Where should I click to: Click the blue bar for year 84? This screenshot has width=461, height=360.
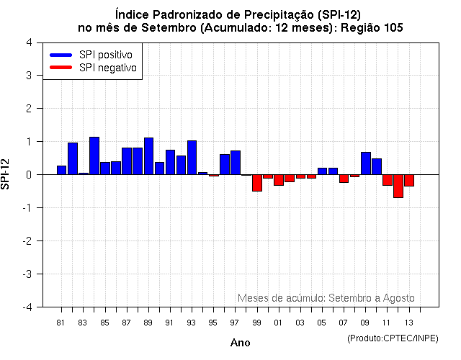tap(94, 156)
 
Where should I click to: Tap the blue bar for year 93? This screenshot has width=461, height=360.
tap(192, 158)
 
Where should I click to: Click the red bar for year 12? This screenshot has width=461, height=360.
tap(398, 186)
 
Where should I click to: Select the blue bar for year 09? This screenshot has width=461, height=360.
tap(365, 163)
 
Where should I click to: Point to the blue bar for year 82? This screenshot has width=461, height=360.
tap(73, 158)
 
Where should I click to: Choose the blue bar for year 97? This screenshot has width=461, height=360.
tap(236, 163)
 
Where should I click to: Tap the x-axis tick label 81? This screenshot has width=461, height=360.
tap(61, 322)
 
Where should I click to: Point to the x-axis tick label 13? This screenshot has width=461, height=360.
tap(408, 322)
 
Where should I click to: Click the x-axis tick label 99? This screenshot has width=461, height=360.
tap(256, 322)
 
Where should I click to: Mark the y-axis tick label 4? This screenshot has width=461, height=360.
tap(28, 42)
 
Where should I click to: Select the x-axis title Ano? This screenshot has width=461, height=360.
tap(240, 343)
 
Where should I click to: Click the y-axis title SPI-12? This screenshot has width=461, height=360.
tap(6, 174)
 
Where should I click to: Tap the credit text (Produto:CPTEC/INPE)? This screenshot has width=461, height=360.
tap(393, 338)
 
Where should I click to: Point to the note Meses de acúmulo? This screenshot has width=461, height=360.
tap(281, 298)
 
